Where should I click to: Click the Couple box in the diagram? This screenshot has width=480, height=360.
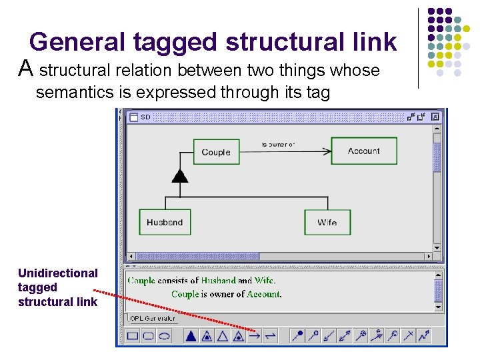[x=215, y=152]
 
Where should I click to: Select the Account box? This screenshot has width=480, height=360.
[x=363, y=151]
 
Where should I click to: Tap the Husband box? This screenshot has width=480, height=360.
[x=165, y=222]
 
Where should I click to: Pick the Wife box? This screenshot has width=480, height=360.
[x=327, y=222]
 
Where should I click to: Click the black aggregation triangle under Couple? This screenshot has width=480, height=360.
[x=179, y=176]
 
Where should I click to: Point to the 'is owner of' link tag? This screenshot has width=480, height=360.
[x=279, y=144]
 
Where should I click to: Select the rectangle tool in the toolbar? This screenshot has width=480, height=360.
[x=133, y=335]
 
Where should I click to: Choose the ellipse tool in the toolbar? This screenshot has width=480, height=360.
[x=164, y=335]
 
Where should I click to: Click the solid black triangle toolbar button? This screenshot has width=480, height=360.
[x=191, y=335]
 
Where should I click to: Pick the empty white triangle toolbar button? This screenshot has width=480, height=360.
[x=223, y=335]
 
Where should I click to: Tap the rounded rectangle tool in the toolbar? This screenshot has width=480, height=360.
[x=148, y=335]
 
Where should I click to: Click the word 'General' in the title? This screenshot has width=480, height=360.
[x=76, y=42]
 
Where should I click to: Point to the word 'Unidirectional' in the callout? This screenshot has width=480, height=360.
[x=57, y=273]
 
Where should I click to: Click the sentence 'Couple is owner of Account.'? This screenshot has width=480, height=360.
[x=226, y=294]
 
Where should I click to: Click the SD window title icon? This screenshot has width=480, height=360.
[x=133, y=117]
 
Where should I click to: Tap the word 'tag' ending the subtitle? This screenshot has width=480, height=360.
[x=317, y=93]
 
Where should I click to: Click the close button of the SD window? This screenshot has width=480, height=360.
[x=435, y=117]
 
